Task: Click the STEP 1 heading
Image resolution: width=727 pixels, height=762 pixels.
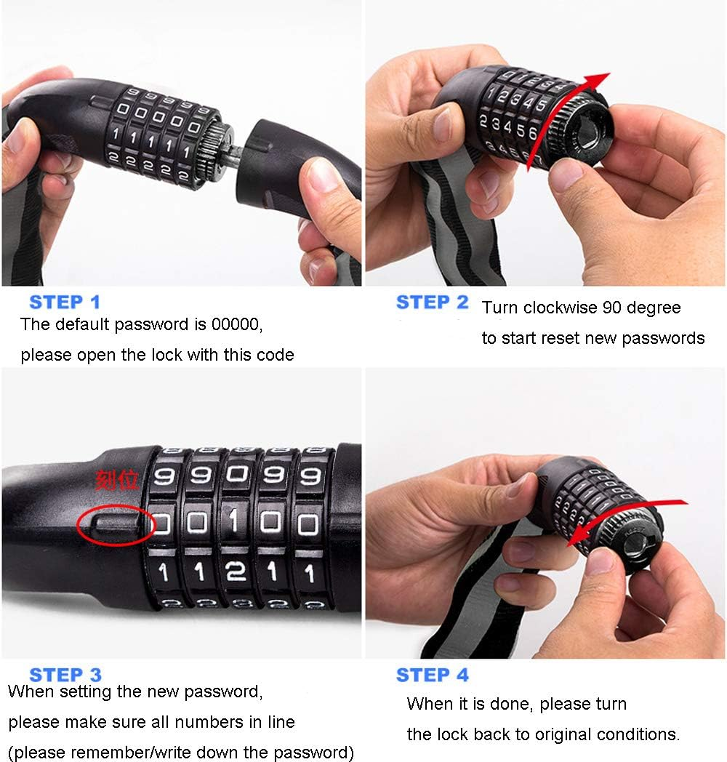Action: click(x=65, y=302)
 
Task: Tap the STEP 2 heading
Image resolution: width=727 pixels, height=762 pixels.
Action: click(x=432, y=302)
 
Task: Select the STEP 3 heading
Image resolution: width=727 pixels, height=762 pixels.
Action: click(x=65, y=675)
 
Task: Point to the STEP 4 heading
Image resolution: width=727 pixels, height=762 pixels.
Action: click(x=432, y=675)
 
